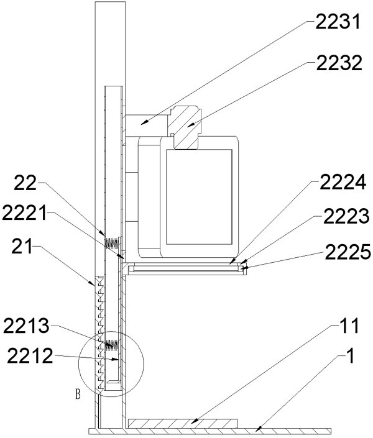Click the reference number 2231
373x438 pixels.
[x=338, y=22]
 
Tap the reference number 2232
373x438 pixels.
[x=339, y=63]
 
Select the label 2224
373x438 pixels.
[x=343, y=182]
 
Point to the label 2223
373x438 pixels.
[x=346, y=216]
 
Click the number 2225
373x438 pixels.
[x=348, y=252]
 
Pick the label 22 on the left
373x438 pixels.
[x=25, y=183]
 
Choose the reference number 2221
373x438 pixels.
[x=24, y=213]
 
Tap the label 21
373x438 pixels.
[x=22, y=246]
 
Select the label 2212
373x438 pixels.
[x=30, y=355]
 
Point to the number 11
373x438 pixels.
[x=348, y=326]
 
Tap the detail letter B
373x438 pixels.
[x=78, y=395]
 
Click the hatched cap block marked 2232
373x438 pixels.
[x=184, y=127]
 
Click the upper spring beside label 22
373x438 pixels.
[x=112, y=243]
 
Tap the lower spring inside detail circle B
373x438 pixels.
[x=112, y=344]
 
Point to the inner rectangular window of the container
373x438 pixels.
[x=200, y=197]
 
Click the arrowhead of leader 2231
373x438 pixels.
[x=144, y=122]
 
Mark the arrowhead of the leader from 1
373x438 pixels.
[x=259, y=427]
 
